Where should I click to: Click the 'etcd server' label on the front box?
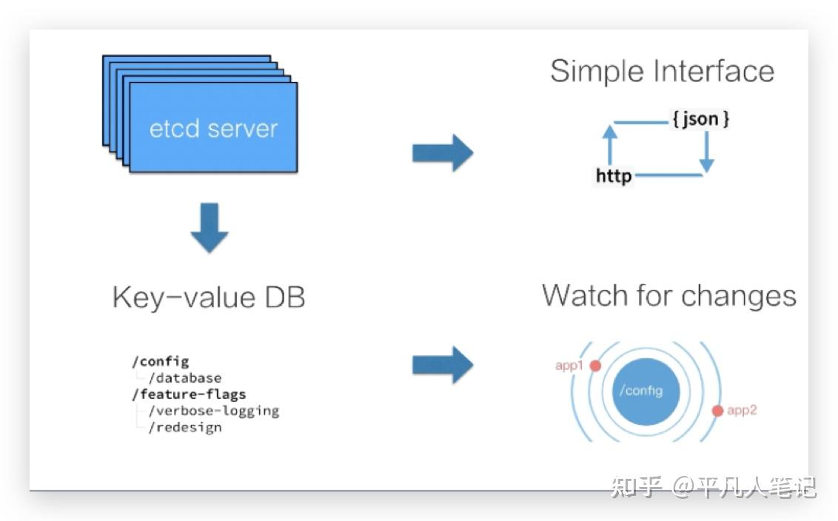(213, 129)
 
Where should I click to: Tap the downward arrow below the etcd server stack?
(209, 228)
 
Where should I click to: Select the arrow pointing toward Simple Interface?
(443, 153)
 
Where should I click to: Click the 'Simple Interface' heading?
(662, 72)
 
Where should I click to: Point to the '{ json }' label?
(700, 118)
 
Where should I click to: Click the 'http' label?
(614, 175)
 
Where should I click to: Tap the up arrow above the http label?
(610, 145)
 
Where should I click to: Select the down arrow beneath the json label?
(707, 152)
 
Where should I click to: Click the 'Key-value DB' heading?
(209, 298)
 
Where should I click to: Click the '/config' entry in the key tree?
(161, 362)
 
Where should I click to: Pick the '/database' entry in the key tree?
(185, 377)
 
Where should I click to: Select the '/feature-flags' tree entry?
(189, 394)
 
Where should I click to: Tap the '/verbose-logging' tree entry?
(214, 411)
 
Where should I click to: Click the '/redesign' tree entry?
(185, 428)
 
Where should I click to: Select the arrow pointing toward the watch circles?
(443, 365)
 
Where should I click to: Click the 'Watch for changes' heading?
(669, 295)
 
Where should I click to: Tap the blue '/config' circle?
(646, 391)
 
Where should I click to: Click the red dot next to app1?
(595, 366)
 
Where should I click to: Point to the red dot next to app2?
(718, 411)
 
